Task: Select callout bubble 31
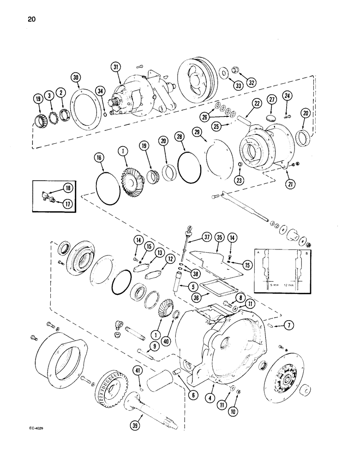(115, 68)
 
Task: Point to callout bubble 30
(77, 78)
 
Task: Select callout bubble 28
(180, 137)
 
